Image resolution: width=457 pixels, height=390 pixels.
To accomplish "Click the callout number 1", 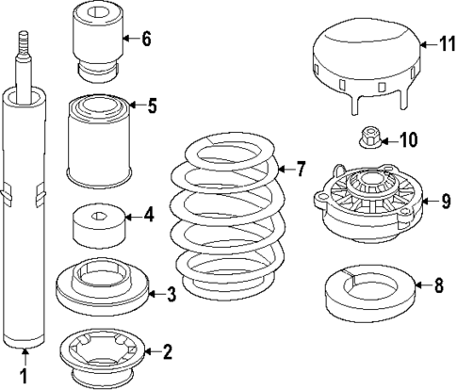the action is [x=24, y=376].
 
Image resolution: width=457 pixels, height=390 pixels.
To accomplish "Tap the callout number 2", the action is [x=168, y=351].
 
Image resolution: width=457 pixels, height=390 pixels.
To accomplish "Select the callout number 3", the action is [x=171, y=294].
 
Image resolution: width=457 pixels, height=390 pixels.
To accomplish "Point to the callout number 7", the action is [x=301, y=169].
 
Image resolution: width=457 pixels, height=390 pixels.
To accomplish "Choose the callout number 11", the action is [x=448, y=44].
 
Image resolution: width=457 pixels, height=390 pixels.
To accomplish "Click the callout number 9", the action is [x=446, y=202].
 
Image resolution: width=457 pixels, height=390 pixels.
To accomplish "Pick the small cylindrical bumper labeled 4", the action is [x=99, y=225].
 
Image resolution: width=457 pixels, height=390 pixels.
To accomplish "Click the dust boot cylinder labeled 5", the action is [x=99, y=140].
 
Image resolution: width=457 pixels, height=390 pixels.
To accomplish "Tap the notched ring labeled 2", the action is [x=102, y=358].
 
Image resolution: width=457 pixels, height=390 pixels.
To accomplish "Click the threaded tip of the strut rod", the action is [x=24, y=43].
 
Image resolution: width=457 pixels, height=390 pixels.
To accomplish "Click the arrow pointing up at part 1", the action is [x=24, y=357].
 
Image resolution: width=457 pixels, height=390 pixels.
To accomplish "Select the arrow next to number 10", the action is [x=389, y=141].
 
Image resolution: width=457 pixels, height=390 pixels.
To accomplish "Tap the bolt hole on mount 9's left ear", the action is [x=322, y=197].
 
